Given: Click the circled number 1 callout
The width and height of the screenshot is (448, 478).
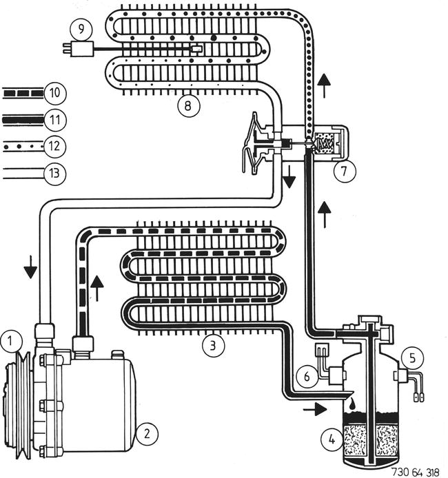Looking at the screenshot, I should pyautogui.click(x=10, y=340).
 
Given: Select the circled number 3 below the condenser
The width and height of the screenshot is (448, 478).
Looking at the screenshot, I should pyautogui.click(x=213, y=343).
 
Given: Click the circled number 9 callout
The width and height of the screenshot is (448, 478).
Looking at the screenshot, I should pyautogui.click(x=81, y=30).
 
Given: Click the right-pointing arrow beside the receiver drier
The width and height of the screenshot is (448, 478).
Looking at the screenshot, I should pyautogui.click(x=316, y=409).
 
